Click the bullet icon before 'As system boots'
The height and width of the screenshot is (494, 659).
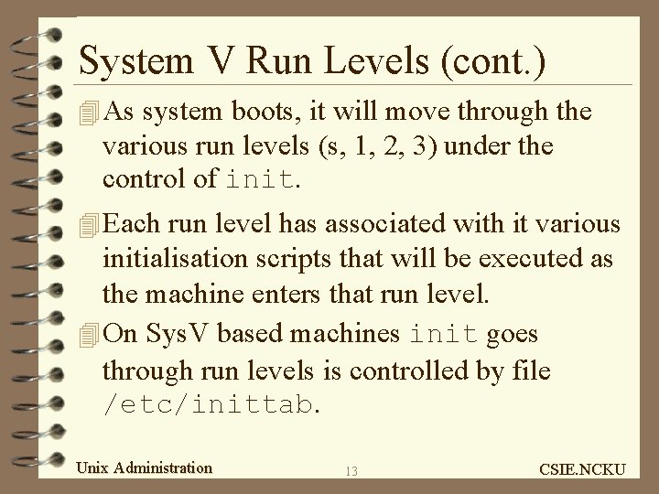pos(88,113)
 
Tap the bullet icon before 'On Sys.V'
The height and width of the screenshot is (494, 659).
pos(88,336)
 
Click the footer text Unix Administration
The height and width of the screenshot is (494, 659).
pos(145,467)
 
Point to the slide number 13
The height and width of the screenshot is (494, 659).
pos(352,471)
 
